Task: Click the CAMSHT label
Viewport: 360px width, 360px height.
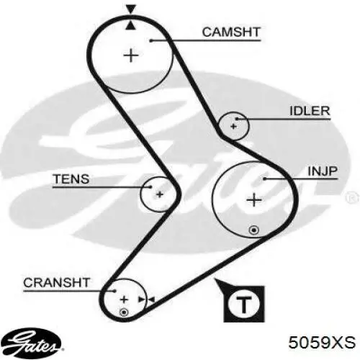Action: point(231,32)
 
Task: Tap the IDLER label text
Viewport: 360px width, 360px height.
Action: point(310,111)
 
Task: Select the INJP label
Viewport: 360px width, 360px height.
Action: point(323,171)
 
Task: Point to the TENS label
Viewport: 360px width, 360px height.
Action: point(71,179)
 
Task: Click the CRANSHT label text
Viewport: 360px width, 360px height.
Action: point(57,283)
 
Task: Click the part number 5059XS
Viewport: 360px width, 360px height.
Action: point(322,342)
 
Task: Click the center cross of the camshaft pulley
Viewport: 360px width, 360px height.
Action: point(131,55)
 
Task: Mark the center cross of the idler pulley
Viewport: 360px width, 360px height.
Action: point(233,126)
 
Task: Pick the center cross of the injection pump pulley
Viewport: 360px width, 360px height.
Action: point(254,200)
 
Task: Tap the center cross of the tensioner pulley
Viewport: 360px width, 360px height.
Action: point(159,194)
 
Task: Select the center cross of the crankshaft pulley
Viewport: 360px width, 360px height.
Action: point(124,300)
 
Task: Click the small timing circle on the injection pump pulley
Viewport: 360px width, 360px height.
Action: point(254,230)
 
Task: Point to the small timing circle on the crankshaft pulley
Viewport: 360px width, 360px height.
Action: point(124,312)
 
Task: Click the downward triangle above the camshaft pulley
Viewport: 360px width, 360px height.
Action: point(131,9)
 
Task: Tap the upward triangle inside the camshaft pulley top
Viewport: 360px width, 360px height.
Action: point(130,25)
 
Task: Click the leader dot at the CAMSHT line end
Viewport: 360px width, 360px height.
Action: point(151,40)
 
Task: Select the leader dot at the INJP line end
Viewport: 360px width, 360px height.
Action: point(264,179)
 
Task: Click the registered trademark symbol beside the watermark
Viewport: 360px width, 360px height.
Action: point(352,199)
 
